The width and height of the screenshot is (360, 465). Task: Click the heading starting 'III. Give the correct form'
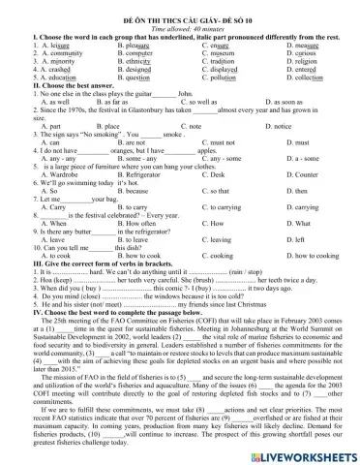[89, 265]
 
